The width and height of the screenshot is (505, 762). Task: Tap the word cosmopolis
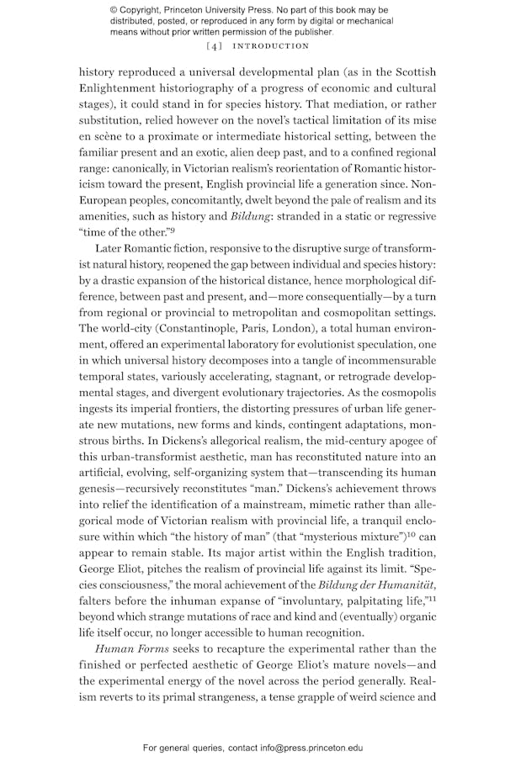[402, 392]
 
